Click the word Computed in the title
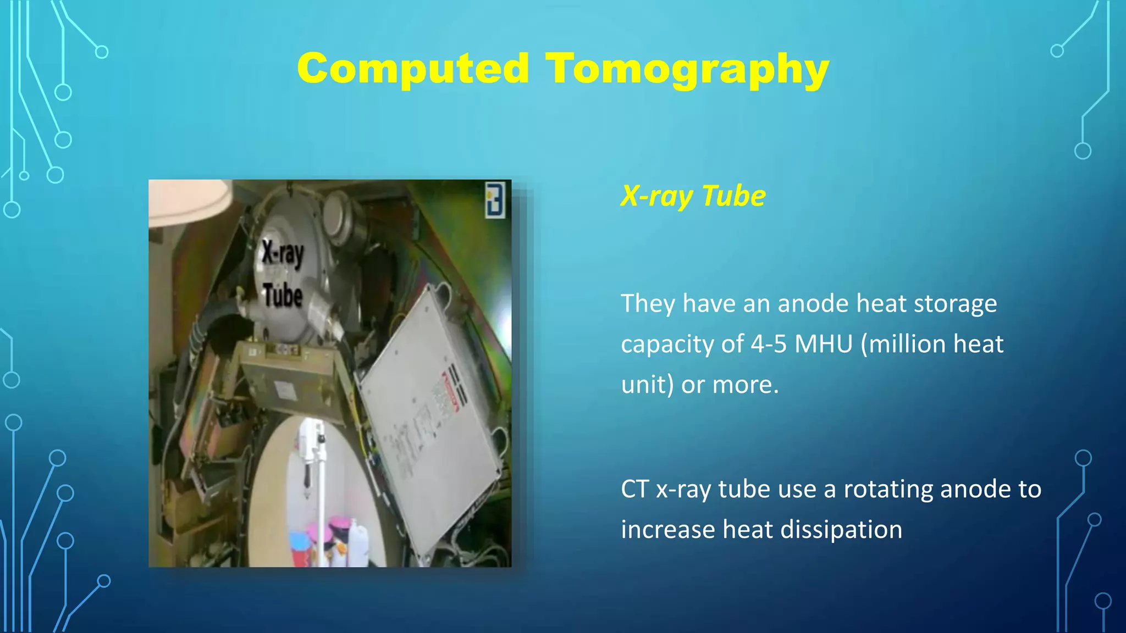pyautogui.click(x=413, y=69)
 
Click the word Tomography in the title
pyautogui.click(x=687, y=70)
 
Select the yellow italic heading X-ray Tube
pyautogui.click(x=693, y=196)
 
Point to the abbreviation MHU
pyautogui.click(x=823, y=344)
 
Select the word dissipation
pyautogui.click(x=841, y=530)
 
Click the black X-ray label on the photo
pyautogui.click(x=282, y=253)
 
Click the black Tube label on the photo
pyautogui.click(x=283, y=295)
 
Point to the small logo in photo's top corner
pyautogui.click(x=495, y=200)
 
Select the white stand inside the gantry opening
pyautogui.click(x=313, y=467)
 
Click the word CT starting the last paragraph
pyautogui.click(x=634, y=489)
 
